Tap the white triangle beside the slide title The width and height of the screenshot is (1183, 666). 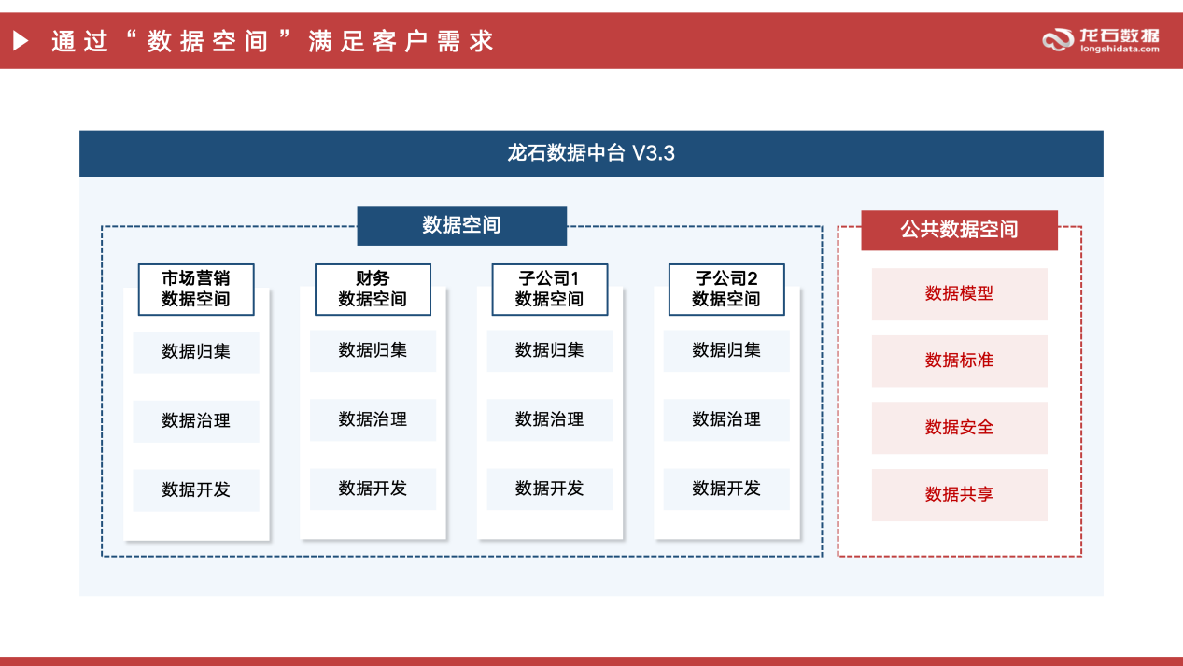coord(20,41)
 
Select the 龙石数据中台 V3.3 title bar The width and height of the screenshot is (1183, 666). coord(591,153)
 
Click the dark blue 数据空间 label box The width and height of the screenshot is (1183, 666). coord(461,225)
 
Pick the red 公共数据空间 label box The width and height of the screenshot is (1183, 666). coord(959,230)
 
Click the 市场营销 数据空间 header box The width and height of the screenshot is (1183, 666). coord(196,290)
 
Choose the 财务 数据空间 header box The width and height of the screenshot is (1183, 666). coord(373,290)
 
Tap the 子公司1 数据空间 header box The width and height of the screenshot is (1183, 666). coord(549,290)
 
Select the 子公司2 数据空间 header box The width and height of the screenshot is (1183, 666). coord(726,290)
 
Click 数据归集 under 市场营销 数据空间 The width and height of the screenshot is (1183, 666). coord(196,352)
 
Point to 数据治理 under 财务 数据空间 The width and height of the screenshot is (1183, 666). coord(373,420)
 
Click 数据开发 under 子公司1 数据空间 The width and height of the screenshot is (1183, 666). coord(549,489)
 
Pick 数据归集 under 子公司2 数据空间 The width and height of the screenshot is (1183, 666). coord(726,350)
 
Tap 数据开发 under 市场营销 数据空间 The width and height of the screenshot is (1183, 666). coord(196,490)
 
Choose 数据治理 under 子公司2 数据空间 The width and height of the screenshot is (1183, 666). coord(726,420)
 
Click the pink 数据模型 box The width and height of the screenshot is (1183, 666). coord(959,294)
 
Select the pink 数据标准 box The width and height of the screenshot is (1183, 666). coord(959,361)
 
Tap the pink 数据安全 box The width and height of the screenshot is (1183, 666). coord(959,428)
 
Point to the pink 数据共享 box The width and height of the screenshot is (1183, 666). coord(959,495)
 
